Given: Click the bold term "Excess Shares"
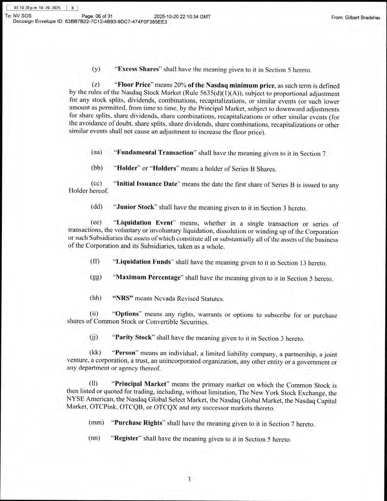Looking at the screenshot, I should (138, 69).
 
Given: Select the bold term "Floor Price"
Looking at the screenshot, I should (134, 85).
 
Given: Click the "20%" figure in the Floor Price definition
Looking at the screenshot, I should (180, 85).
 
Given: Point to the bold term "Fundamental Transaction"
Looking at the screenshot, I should (155, 152).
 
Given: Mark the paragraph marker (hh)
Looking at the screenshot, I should (96, 298).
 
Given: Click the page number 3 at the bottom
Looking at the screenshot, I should (189, 480).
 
